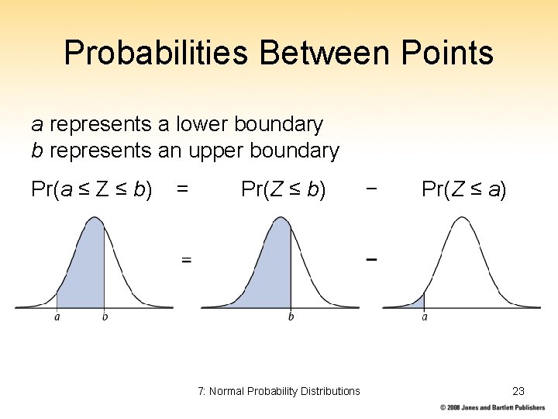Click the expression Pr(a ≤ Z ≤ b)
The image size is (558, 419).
pyautogui.click(x=91, y=189)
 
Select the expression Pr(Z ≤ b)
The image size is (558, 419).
pyautogui.click(x=283, y=189)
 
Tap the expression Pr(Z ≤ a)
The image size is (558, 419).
pyautogui.click(x=463, y=189)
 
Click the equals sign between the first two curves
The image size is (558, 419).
pyautogui.click(x=186, y=260)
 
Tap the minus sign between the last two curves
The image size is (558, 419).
pyautogui.click(x=371, y=259)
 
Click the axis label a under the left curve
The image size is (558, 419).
pyautogui.click(x=57, y=317)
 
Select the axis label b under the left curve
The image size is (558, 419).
pyautogui.click(x=105, y=317)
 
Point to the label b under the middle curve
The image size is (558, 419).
pyautogui.click(x=291, y=317)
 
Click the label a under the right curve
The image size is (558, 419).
pyautogui.click(x=425, y=317)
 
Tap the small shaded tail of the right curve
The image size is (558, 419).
pyautogui.click(x=419, y=301)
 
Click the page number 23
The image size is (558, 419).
pyautogui.click(x=518, y=391)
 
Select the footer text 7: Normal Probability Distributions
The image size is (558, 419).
pyautogui.click(x=279, y=391)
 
